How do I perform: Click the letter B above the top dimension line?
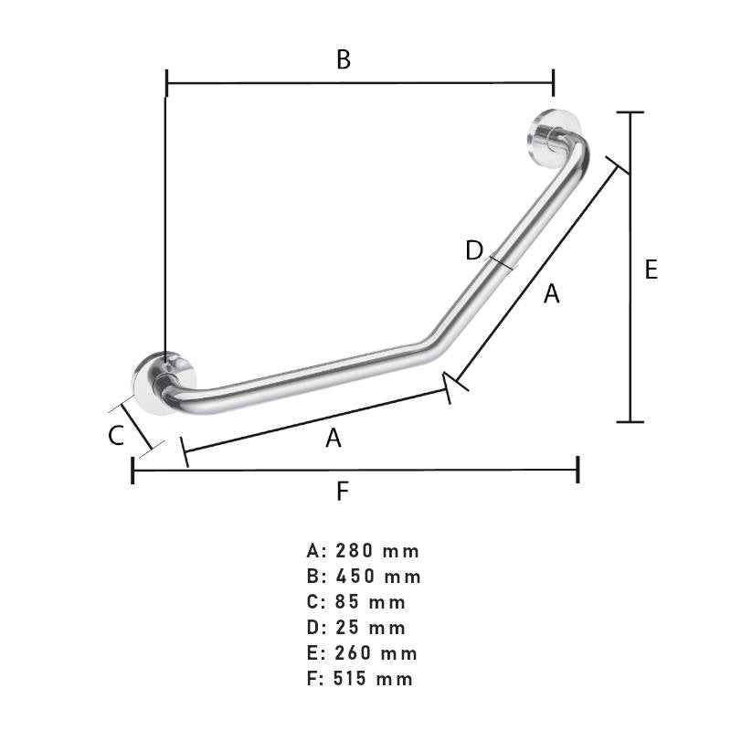[343, 60]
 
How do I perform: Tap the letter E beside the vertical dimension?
[651, 270]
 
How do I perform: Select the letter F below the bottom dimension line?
[343, 492]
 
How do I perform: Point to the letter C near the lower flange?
[116, 436]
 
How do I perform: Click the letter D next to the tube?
[474, 250]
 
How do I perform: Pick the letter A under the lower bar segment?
[334, 439]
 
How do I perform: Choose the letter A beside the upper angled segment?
[551, 293]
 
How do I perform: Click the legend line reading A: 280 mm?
[364, 551]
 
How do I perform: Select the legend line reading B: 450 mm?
[365, 577]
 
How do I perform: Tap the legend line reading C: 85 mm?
[357, 602]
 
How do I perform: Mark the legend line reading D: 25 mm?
[357, 628]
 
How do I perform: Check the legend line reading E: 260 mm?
[363, 653]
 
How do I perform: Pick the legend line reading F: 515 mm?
[361, 679]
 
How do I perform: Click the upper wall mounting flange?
[551, 139]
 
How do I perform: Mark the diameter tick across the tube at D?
[501, 262]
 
